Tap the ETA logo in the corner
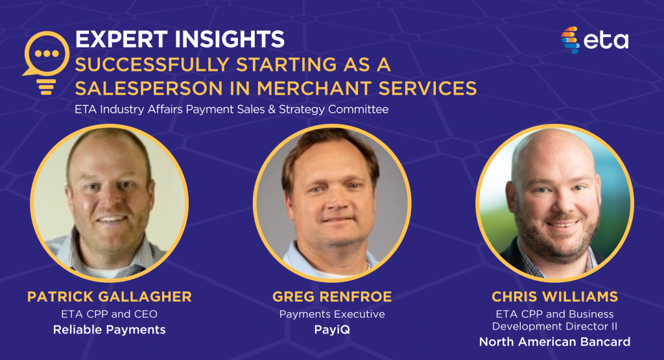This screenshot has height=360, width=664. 595,40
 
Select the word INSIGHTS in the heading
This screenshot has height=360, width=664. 230,39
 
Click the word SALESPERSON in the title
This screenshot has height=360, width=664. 148,88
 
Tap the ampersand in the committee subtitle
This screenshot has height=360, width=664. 272,109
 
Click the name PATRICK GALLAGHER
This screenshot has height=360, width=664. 109,296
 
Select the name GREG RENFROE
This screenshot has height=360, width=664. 332,296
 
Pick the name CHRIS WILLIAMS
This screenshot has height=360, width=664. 555,296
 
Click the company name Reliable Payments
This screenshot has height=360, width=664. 109,330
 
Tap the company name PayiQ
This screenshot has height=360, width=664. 332,330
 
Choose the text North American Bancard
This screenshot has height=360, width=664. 555,341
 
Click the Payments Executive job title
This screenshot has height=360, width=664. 332,314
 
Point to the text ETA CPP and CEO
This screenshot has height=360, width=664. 109,314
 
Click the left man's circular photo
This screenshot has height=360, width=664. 109,203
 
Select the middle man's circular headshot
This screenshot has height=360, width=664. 332,203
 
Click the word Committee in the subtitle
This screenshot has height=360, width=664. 358,109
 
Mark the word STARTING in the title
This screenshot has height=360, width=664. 286,65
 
